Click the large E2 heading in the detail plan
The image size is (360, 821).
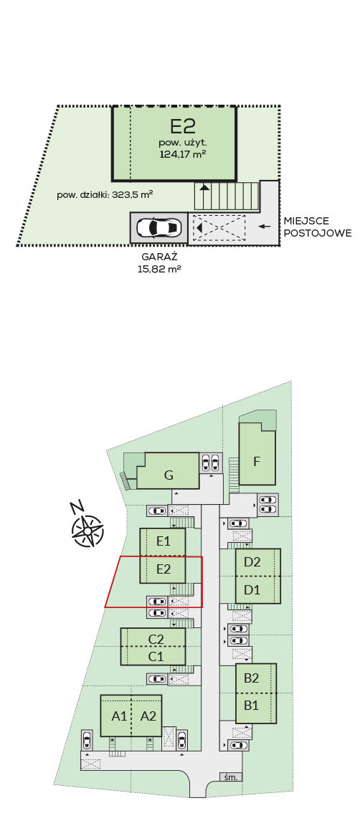183,126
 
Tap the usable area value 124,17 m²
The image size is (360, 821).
183,154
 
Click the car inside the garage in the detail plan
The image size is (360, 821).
158,228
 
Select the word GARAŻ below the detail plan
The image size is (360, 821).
160,257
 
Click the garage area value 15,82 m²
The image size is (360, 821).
159,269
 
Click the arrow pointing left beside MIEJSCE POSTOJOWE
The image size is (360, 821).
265,226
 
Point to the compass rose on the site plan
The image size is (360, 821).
87,531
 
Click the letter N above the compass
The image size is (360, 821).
77,506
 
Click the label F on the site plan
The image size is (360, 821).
257,462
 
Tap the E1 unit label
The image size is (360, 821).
164,541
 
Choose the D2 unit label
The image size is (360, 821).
252,562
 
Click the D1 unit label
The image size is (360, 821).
252,590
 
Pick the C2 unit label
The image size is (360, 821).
156,639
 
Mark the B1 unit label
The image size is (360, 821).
252,706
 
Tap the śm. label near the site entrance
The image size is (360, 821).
231,777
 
